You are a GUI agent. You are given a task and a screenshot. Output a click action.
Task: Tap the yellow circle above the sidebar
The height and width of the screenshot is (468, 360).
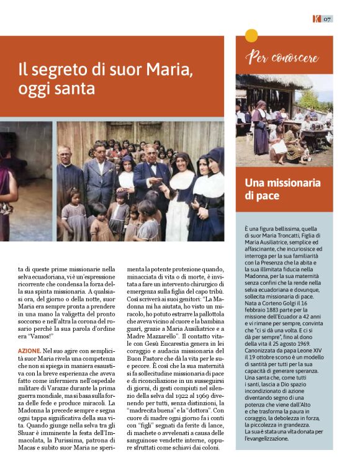(x=251, y=35)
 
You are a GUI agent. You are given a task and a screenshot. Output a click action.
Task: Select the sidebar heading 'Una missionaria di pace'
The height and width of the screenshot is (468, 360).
(x=282, y=189)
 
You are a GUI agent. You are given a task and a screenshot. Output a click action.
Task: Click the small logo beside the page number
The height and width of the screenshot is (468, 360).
(x=317, y=19)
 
